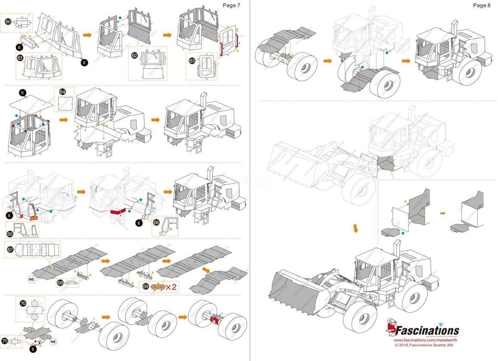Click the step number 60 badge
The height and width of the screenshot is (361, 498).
click(8, 21)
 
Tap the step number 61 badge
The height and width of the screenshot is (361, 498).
click(20, 58)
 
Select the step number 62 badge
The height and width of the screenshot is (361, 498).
click(134, 55)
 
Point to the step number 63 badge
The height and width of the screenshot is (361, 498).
click(192, 61)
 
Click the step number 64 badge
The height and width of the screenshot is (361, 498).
click(62, 92)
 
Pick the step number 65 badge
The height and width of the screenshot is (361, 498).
click(10, 234)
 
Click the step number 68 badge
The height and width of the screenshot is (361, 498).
click(61, 283)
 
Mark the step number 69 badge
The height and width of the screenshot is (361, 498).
click(146, 287)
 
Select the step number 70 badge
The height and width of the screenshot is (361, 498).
click(23, 303)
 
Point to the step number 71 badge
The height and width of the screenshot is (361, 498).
click(5, 341)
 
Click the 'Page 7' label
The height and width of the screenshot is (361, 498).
click(231, 5)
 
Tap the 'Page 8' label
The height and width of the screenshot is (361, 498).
click(481, 5)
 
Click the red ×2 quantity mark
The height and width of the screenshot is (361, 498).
click(171, 287)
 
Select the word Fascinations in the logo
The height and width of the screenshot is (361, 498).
click(427, 330)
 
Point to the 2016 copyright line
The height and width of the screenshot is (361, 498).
click(423, 345)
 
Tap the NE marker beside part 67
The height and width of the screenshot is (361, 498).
click(31, 278)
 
